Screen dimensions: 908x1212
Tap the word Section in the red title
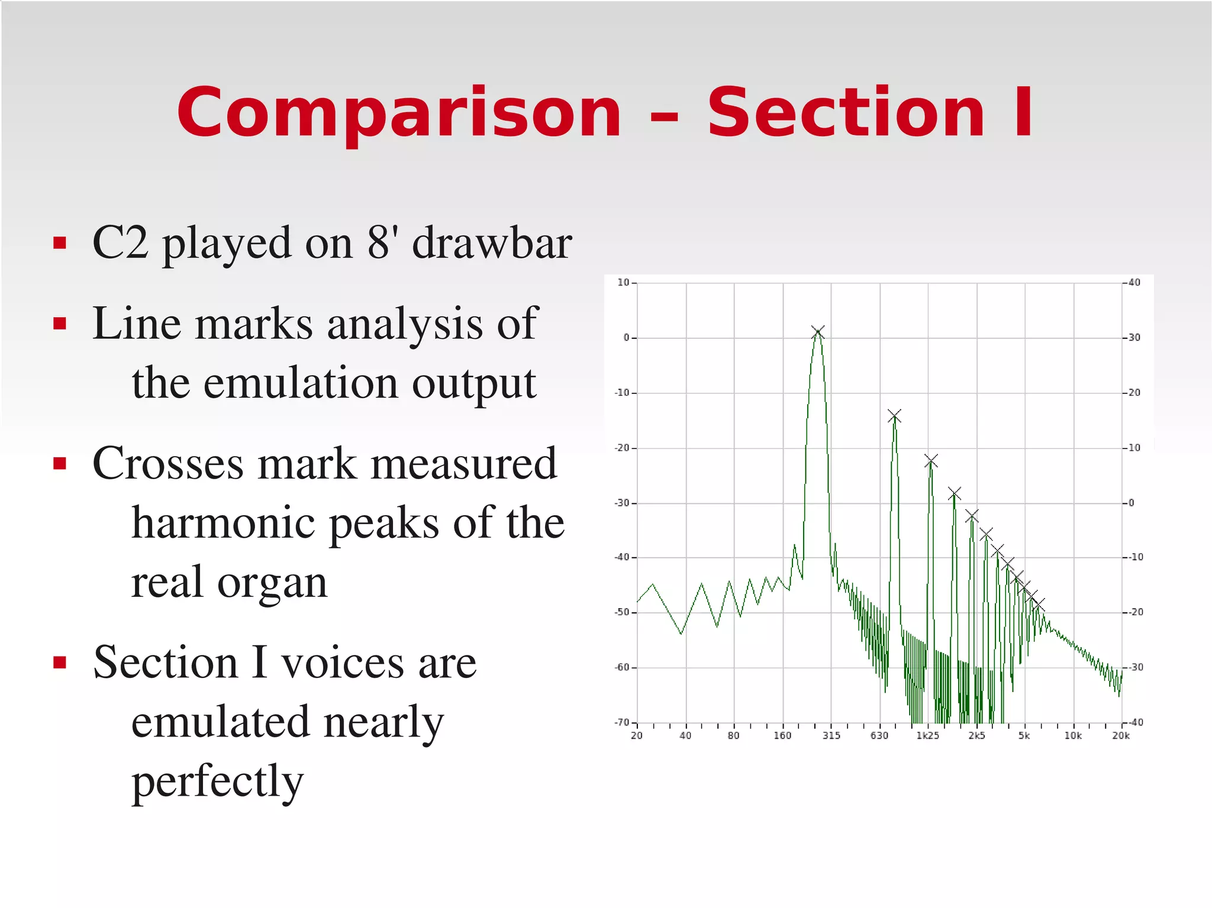coord(846,112)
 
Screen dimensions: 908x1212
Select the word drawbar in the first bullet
coord(492,243)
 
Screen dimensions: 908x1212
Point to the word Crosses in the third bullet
coord(167,463)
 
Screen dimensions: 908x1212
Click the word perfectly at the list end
coord(217,781)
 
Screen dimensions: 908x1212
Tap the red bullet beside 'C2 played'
coord(59,243)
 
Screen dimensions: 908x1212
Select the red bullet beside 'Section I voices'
coord(59,662)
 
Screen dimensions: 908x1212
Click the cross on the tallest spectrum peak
coord(818,332)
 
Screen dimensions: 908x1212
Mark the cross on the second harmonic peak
coord(894,416)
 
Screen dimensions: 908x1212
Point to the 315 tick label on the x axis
coord(831,736)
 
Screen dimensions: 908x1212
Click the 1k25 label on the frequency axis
coord(927,736)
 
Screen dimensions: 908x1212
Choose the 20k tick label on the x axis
coord(1121,736)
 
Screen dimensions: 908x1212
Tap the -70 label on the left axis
coord(621,722)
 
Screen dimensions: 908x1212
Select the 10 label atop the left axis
coord(623,283)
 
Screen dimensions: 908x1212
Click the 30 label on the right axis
coord(1134,338)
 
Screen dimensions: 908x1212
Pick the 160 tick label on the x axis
coord(782,736)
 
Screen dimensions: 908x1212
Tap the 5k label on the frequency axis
coord(1024,736)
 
